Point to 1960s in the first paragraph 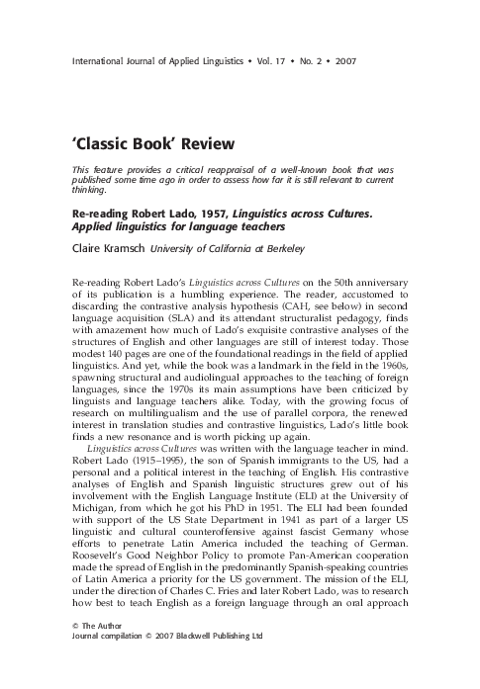pos(381,378)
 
